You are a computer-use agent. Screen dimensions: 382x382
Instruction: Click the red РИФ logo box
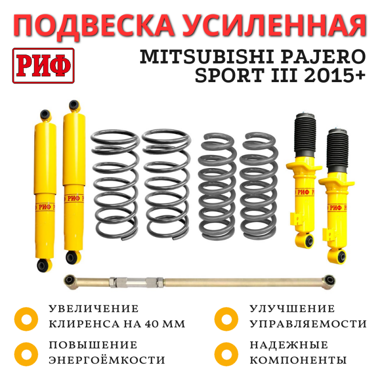43,66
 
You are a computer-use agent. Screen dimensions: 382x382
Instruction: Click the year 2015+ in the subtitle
335,75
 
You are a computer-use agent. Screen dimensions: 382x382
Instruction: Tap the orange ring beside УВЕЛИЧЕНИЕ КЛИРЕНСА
26,319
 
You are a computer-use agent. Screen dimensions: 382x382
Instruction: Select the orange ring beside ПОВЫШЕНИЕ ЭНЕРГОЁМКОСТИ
26,354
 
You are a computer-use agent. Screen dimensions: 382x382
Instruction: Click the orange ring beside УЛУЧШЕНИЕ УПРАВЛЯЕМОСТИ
226,319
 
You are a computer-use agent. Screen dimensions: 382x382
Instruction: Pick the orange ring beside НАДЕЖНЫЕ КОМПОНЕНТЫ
226,354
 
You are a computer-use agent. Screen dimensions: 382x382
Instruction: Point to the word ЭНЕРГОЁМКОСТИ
107,360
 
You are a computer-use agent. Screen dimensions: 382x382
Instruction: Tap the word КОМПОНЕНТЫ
298,360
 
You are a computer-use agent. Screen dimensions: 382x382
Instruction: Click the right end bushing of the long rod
329,280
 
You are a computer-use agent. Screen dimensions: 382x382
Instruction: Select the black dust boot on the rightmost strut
338,149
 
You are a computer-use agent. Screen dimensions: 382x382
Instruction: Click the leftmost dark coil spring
115,185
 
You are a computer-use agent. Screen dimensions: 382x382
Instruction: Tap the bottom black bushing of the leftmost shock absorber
44,265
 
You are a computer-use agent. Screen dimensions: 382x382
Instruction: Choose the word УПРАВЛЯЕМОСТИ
308,324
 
